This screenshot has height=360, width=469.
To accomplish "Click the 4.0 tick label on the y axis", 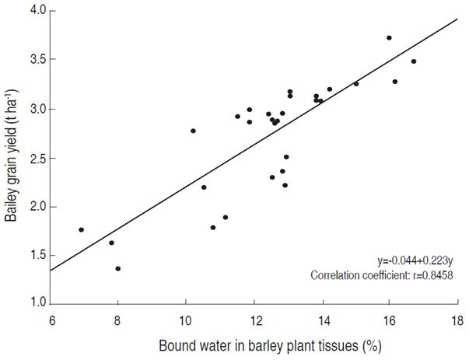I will [x=37, y=11].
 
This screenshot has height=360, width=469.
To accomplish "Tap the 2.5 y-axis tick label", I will [x=37, y=158].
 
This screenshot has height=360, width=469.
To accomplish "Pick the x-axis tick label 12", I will [x=254, y=320].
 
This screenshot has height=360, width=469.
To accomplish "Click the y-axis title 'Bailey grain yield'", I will [x=12, y=156].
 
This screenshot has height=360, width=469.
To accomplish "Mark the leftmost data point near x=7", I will [x=81, y=229].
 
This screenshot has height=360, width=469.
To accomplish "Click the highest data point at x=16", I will [x=389, y=37].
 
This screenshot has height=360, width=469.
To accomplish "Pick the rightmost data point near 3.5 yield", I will [x=414, y=61].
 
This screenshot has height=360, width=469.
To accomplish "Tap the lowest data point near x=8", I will [x=117, y=268].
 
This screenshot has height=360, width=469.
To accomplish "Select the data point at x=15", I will [x=356, y=83].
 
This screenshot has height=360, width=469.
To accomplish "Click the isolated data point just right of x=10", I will [x=193, y=131].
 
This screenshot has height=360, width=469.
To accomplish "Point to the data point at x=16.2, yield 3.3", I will [x=395, y=82].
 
